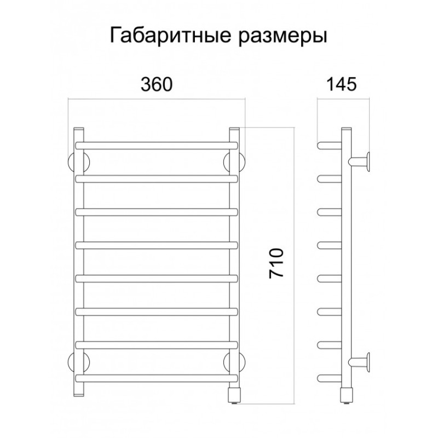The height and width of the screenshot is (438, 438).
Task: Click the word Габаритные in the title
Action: point(170,36)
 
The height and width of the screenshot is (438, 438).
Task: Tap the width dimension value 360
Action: point(157,84)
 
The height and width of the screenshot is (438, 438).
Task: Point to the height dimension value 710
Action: point(276,263)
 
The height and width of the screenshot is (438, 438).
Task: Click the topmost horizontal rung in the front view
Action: point(157,146)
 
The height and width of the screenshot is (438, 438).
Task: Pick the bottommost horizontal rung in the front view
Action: point(157,378)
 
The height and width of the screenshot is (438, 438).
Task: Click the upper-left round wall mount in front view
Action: point(78,163)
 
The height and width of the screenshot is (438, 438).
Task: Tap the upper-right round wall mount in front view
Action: point(234,163)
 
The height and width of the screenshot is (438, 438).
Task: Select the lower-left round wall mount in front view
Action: point(78,362)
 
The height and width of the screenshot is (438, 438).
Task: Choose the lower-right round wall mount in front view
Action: point(234,362)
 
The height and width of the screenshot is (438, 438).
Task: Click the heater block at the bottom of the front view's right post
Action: point(234,395)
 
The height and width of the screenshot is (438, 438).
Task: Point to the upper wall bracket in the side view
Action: point(359,162)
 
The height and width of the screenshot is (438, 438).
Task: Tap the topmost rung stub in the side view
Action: point(330,146)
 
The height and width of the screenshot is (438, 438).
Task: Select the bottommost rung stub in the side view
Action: point(330,378)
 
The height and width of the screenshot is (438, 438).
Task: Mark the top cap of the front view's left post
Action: point(78,129)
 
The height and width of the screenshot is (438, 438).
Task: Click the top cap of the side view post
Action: point(347,129)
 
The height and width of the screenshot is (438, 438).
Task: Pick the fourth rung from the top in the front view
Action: point(157,245)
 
